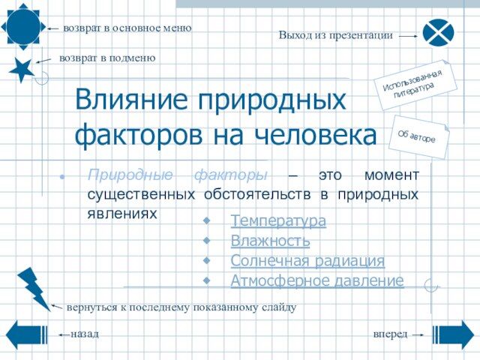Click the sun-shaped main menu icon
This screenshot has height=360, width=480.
click(x=23, y=27)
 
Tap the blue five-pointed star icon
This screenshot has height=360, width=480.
click(x=22, y=70)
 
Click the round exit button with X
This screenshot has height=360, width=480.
click(x=438, y=33)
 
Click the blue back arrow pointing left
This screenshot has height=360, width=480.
click(x=27, y=335)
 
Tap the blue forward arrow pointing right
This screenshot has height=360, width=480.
click(x=453, y=335)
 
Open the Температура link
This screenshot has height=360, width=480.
click(x=278, y=220)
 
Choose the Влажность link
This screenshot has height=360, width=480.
click(x=270, y=241)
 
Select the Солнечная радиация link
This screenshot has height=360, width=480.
click(x=307, y=260)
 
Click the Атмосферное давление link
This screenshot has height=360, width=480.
click(x=317, y=280)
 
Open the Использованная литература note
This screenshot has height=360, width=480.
click(x=415, y=85)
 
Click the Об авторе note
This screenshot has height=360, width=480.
click(x=418, y=137)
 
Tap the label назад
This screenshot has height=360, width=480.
click(x=85, y=334)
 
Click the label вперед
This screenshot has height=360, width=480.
click(x=390, y=334)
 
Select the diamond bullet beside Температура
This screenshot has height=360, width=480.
click(x=207, y=220)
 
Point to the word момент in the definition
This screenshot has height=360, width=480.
click(x=391, y=175)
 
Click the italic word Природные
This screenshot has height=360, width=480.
click(x=130, y=175)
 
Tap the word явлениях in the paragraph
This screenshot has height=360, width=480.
click(x=122, y=213)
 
